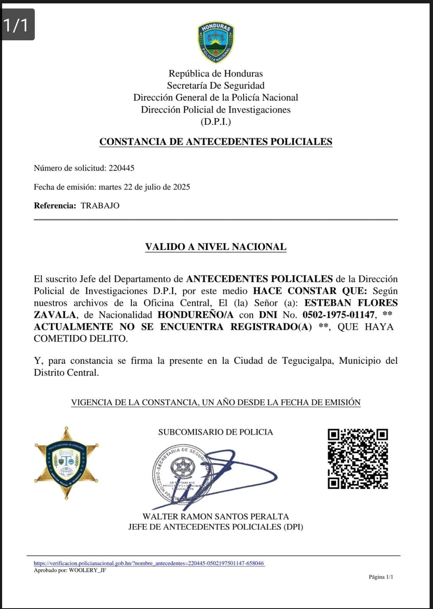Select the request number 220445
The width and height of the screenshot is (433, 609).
point(121,168)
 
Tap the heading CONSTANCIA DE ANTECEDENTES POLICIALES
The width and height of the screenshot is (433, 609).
point(215,142)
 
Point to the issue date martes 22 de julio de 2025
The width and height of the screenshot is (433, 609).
point(144,187)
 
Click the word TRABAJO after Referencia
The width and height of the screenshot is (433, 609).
point(100,205)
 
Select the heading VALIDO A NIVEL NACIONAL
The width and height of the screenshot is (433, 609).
point(215,247)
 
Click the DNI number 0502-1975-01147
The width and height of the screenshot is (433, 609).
point(338,315)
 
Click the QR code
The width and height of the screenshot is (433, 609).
point(358,458)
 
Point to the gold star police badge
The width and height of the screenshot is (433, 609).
point(66,463)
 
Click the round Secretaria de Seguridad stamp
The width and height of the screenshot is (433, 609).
point(182,471)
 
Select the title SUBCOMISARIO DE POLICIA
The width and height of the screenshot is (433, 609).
point(215,432)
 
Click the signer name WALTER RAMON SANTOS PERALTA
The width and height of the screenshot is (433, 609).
point(215,516)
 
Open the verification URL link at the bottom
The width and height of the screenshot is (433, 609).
point(149,563)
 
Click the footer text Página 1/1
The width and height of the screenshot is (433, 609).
point(381,577)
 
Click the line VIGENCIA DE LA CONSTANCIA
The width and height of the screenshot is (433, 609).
point(215,402)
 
